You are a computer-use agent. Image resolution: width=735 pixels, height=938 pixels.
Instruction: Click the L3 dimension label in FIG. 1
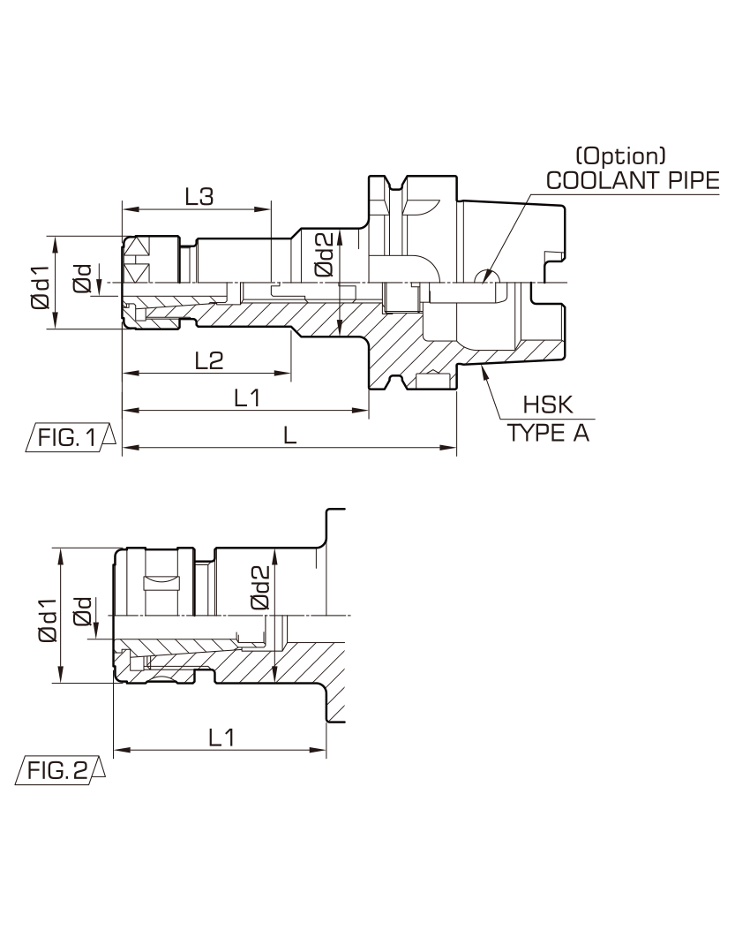click(199, 196)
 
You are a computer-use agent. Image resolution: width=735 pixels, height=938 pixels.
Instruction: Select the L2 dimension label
click(209, 360)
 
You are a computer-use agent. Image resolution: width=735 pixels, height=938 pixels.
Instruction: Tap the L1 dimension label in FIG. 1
click(246, 397)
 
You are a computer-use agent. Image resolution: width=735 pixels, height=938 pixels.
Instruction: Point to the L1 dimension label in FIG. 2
click(221, 737)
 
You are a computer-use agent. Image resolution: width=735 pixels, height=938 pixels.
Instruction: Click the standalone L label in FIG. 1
click(289, 435)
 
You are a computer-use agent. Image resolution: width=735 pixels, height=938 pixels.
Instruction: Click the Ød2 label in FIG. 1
click(325, 254)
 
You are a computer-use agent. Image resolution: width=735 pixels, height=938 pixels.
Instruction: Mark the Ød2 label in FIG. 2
click(260, 587)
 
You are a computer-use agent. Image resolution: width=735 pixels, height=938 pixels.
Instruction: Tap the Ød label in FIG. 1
click(82, 279)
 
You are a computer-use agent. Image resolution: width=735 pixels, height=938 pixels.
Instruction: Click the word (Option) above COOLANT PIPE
click(620, 156)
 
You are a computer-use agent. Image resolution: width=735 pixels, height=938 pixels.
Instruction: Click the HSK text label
click(548, 405)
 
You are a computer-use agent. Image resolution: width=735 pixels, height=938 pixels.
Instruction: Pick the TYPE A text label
click(549, 432)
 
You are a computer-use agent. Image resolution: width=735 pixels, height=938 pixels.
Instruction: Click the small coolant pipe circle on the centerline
click(487, 277)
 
